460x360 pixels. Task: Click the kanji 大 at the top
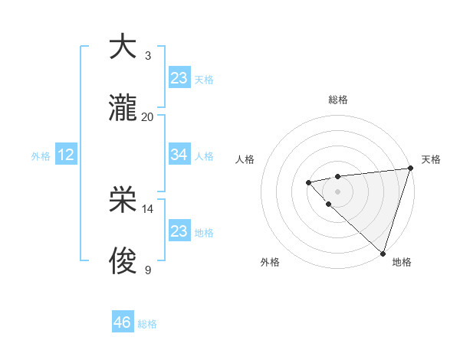(123, 47)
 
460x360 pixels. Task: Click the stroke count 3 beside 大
(147, 56)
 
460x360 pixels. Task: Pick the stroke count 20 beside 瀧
(147, 117)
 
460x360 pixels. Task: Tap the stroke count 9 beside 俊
(147, 270)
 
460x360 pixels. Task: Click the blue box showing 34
(179, 155)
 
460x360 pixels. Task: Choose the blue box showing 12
(65, 155)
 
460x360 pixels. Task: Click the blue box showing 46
(122, 322)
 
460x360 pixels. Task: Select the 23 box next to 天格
(179, 78)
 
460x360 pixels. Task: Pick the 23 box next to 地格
(179, 231)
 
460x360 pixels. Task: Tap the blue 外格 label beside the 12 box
(41, 156)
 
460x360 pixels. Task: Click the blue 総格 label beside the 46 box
(147, 324)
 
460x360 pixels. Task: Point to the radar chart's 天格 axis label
(431, 159)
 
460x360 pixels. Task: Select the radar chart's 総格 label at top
(337, 100)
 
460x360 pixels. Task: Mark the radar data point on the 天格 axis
(410, 169)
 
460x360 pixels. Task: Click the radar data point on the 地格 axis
(383, 253)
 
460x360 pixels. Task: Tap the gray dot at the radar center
(337, 191)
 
